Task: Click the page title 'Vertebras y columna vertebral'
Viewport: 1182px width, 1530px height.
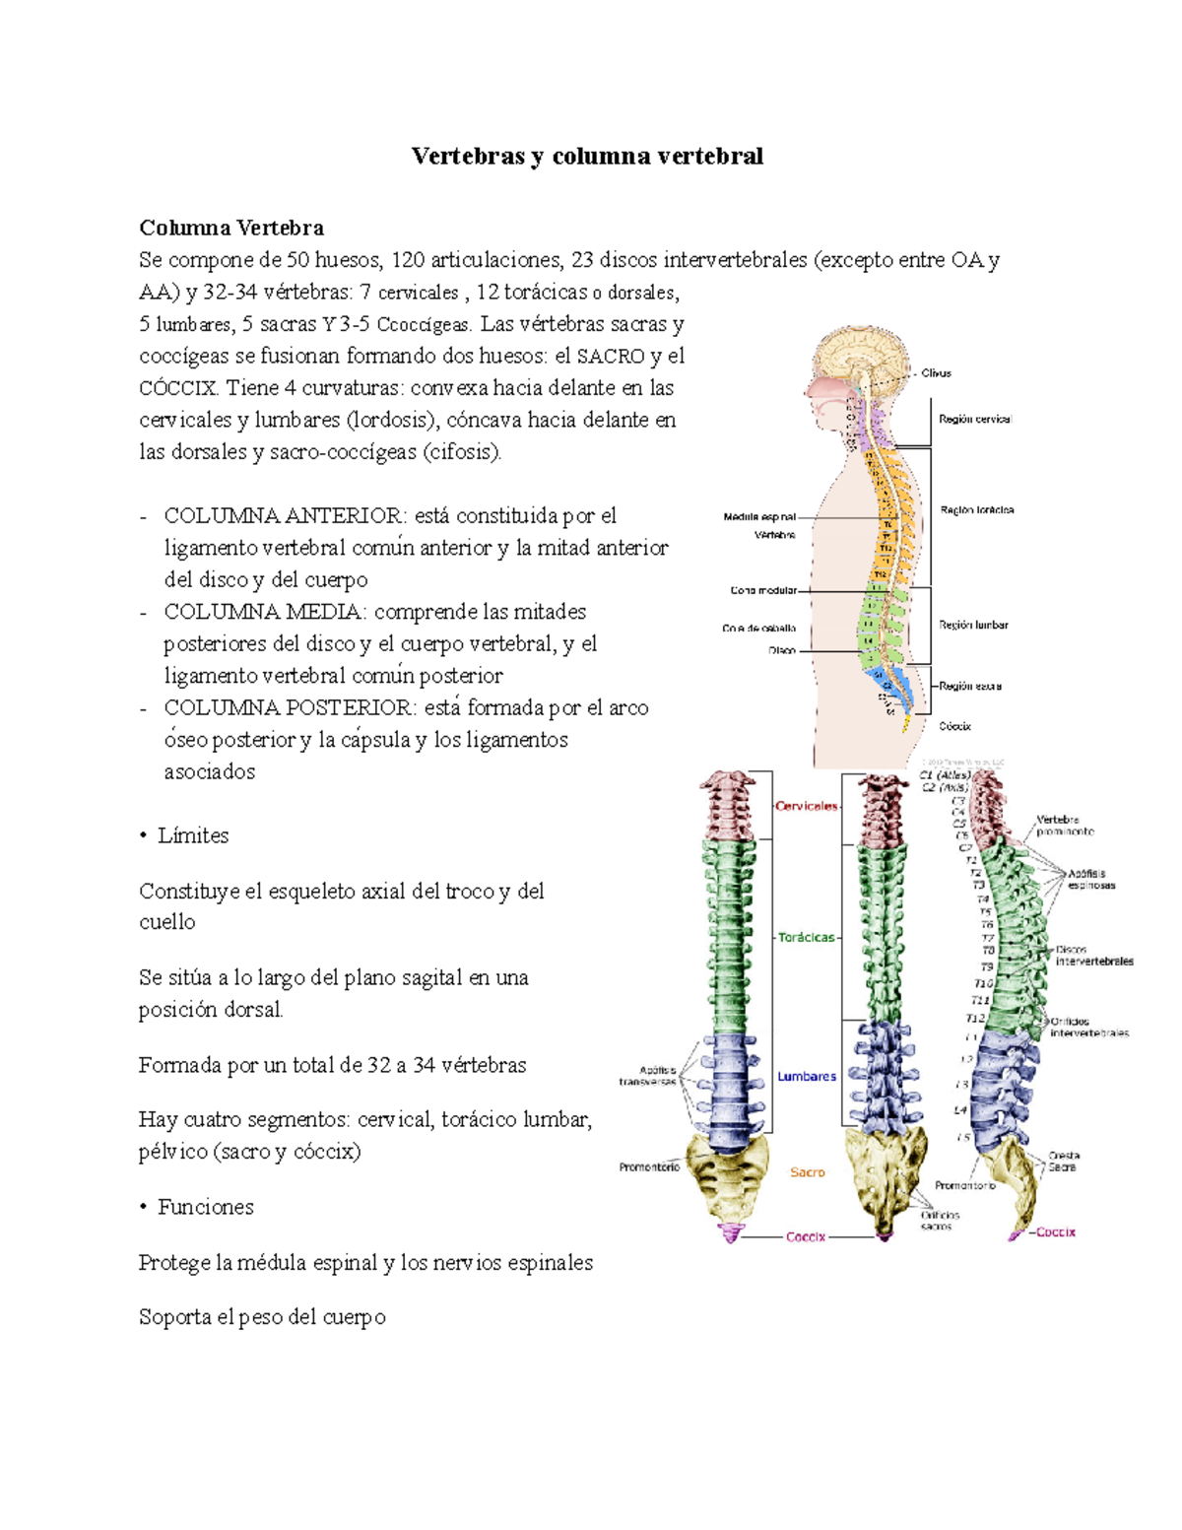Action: [x=587, y=157]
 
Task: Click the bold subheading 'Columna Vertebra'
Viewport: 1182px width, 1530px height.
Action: [x=231, y=228]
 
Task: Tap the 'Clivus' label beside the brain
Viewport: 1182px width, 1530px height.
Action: [x=936, y=373]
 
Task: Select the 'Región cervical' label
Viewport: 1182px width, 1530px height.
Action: [x=974, y=420]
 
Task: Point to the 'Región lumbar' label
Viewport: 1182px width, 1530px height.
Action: [x=973, y=625]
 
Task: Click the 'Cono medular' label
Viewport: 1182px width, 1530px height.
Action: [x=763, y=591]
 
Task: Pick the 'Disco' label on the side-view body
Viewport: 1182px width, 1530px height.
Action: [x=782, y=651]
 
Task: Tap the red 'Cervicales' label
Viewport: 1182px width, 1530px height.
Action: [x=806, y=806]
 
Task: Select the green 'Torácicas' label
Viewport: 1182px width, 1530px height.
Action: [x=806, y=938]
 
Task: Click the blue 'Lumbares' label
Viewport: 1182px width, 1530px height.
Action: [x=807, y=1077]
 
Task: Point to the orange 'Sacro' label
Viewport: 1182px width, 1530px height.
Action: [x=807, y=1172]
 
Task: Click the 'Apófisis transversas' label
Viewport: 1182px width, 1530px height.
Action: [x=647, y=1076]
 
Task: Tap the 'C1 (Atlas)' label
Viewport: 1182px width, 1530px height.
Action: [x=945, y=775]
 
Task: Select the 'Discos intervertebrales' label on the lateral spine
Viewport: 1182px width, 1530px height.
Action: [x=1093, y=956]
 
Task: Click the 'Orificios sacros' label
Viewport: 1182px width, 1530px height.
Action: [x=939, y=1221]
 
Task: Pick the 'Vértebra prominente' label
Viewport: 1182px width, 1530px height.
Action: [x=1064, y=826]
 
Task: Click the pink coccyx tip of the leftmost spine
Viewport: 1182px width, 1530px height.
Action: [x=730, y=1232]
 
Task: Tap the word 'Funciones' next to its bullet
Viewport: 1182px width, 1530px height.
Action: [x=206, y=1207]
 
